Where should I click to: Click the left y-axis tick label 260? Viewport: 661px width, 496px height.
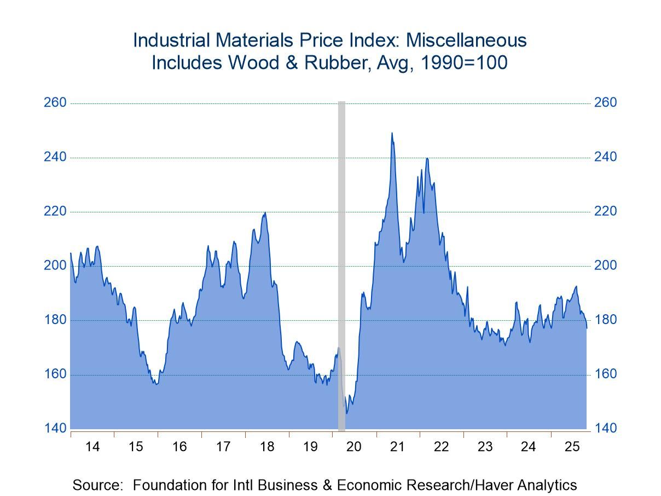click(x=55, y=103)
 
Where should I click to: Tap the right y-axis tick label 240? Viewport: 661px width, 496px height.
click(x=605, y=157)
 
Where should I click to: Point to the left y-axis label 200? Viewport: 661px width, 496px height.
click(x=55, y=266)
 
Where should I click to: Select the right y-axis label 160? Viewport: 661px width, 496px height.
click(x=605, y=374)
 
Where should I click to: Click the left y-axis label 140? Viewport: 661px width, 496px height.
click(x=55, y=428)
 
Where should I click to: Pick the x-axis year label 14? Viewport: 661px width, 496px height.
click(x=92, y=447)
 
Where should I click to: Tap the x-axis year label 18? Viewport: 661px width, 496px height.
click(x=266, y=447)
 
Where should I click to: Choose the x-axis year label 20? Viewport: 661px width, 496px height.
click(x=354, y=447)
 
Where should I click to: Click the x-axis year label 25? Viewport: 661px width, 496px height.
click(x=572, y=447)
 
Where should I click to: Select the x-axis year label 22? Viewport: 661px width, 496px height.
click(x=441, y=447)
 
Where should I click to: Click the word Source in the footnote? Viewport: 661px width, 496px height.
click(x=97, y=485)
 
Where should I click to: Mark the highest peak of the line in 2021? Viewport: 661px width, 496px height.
click(x=392, y=133)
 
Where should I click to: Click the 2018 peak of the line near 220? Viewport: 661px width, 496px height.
click(x=265, y=213)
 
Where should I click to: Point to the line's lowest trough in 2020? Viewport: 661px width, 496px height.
click(x=346, y=413)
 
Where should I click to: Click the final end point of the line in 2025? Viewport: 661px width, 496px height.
click(x=587, y=327)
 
